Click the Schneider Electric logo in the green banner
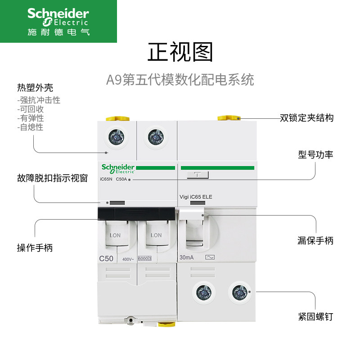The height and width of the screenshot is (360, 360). click(x=58, y=21)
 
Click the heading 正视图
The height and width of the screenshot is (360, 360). click(x=180, y=52)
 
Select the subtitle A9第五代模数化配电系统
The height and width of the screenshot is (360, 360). click(x=180, y=80)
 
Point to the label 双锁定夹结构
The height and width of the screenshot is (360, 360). click(x=306, y=118)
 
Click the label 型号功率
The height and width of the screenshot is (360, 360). click(x=315, y=155)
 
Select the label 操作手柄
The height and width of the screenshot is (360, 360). click(x=35, y=247)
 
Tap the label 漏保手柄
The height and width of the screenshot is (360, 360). click(x=315, y=241)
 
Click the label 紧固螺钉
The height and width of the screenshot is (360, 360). click(x=315, y=316)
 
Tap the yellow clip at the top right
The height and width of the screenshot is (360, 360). click(x=227, y=118)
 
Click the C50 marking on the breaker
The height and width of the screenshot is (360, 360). click(x=106, y=258)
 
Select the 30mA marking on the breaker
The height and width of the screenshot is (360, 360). click(x=187, y=258)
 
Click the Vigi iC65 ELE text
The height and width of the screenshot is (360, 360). click(x=196, y=197)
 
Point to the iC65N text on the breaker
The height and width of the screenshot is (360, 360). click(x=106, y=179)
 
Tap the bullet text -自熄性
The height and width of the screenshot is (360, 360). click(x=31, y=127)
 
